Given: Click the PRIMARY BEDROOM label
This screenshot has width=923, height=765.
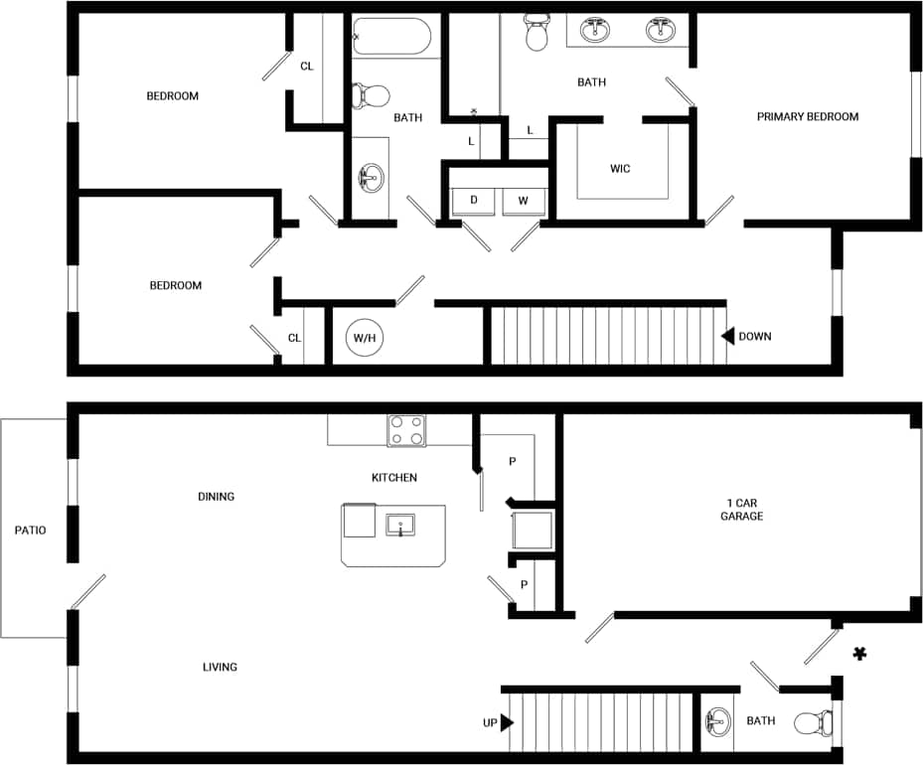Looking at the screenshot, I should pos(807,117).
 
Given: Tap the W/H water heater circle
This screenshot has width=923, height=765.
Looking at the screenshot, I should pos(364,338).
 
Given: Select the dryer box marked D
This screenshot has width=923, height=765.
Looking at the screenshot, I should pos(474,201).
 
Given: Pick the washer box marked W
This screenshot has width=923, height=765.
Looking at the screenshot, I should pos(523,201).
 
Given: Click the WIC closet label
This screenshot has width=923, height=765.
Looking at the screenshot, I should pos(620,169).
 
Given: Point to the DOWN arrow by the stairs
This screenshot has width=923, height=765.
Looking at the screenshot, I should pos(728,336).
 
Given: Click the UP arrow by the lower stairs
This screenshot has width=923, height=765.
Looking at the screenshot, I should pos(507,722).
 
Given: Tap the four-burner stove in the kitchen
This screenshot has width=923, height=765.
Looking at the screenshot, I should pos(405,430).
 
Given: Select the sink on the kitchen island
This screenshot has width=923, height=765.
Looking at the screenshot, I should pos(400,525).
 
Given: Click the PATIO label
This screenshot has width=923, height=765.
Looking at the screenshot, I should pos(30,531).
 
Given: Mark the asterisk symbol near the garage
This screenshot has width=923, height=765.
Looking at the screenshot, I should pos(859,654).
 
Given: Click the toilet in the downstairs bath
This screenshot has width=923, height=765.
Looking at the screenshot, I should pos(815,722).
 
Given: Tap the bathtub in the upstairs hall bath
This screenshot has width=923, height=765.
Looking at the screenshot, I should pos(391,37).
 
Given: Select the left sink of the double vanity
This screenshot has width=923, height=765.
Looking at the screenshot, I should pos(596,30).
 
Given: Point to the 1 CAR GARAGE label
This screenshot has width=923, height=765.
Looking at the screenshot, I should pos(741,509).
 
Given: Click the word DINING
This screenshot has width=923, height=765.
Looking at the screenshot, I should pos(216,497).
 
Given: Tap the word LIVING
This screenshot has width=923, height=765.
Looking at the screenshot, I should pos(220,667).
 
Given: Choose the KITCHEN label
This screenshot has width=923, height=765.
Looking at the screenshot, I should pos(394,478).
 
